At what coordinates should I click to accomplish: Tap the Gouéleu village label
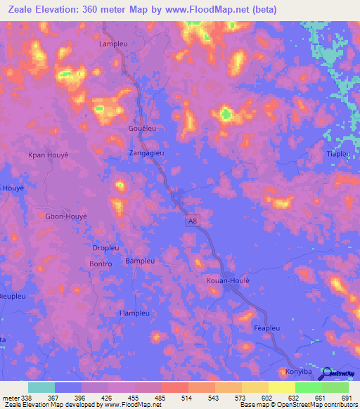(x=143, y=129)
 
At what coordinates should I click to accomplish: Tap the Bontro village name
(x=101, y=264)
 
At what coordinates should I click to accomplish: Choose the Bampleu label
(x=139, y=261)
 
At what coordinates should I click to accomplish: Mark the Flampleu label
(x=135, y=313)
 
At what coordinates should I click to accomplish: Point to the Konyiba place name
(x=300, y=370)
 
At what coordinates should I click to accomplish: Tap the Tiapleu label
(x=338, y=154)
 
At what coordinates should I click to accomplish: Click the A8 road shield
(x=192, y=221)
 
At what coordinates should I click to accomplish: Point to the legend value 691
(x=346, y=398)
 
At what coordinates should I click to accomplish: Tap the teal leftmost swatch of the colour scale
(x=41, y=387)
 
